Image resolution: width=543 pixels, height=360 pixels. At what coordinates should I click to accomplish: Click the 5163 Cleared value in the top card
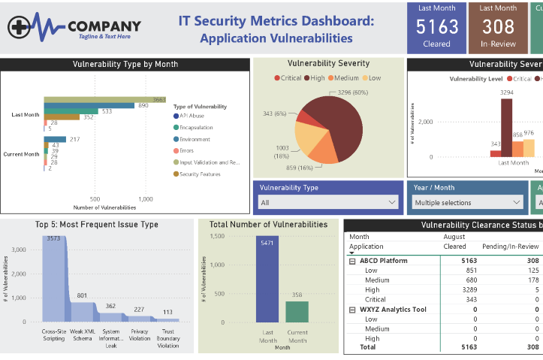[x=437, y=27]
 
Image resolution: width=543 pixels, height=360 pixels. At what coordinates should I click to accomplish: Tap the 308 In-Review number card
[x=498, y=27]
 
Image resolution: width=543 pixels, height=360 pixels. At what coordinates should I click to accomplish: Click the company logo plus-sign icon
[x=22, y=28]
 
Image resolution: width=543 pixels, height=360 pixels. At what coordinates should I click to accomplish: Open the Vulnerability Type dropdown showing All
[x=328, y=202]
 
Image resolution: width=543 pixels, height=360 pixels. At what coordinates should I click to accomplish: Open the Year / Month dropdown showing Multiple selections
[x=467, y=202]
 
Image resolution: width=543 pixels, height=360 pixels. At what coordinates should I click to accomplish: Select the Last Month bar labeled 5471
[x=267, y=278]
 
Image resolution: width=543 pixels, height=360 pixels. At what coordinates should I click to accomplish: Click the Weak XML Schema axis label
[x=83, y=336]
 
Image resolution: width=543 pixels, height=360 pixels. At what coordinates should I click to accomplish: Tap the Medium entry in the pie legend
[x=343, y=78]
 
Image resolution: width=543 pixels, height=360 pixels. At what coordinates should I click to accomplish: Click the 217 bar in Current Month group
[x=55, y=140]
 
